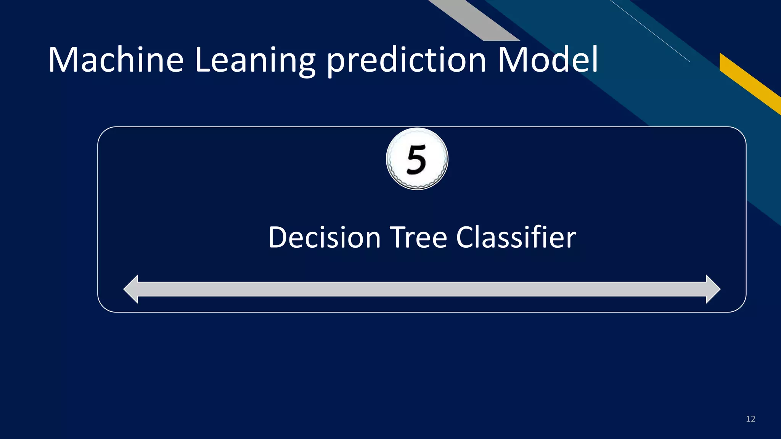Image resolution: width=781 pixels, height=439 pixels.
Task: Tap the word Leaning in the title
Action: [x=255, y=60]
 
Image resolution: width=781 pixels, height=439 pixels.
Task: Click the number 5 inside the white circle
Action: [x=416, y=160]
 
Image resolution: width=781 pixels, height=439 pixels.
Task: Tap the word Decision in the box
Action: [x=325, y=237]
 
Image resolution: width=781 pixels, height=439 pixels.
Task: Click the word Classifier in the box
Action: [x=516, y=237]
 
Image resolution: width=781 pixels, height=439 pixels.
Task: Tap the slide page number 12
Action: [x=750, y=419]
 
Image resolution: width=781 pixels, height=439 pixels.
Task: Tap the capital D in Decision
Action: [x=279, y=237]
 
